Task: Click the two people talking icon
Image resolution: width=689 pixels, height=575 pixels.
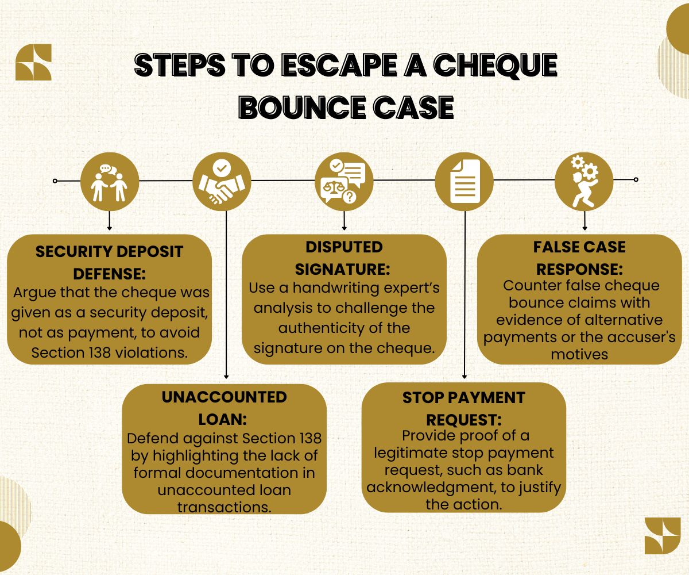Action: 110,181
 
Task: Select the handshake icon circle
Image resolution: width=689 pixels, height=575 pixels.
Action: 222,181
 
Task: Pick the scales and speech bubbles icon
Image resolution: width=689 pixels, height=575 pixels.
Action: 344,181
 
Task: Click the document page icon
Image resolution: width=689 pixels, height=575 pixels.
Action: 464,181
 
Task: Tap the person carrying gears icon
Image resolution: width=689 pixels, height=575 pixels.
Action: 583,181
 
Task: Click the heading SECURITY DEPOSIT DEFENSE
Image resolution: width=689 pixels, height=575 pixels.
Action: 109,261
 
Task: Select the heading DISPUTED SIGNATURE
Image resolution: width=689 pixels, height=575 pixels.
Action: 344,257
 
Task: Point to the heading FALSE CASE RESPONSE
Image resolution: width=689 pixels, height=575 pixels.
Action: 579,257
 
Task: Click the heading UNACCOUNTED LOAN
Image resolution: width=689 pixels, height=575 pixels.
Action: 224,406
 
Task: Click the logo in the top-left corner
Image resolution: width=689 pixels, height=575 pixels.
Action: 33,62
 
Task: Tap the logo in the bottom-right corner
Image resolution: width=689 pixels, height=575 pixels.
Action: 662,536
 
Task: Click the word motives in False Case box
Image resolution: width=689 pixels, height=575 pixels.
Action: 579,354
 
